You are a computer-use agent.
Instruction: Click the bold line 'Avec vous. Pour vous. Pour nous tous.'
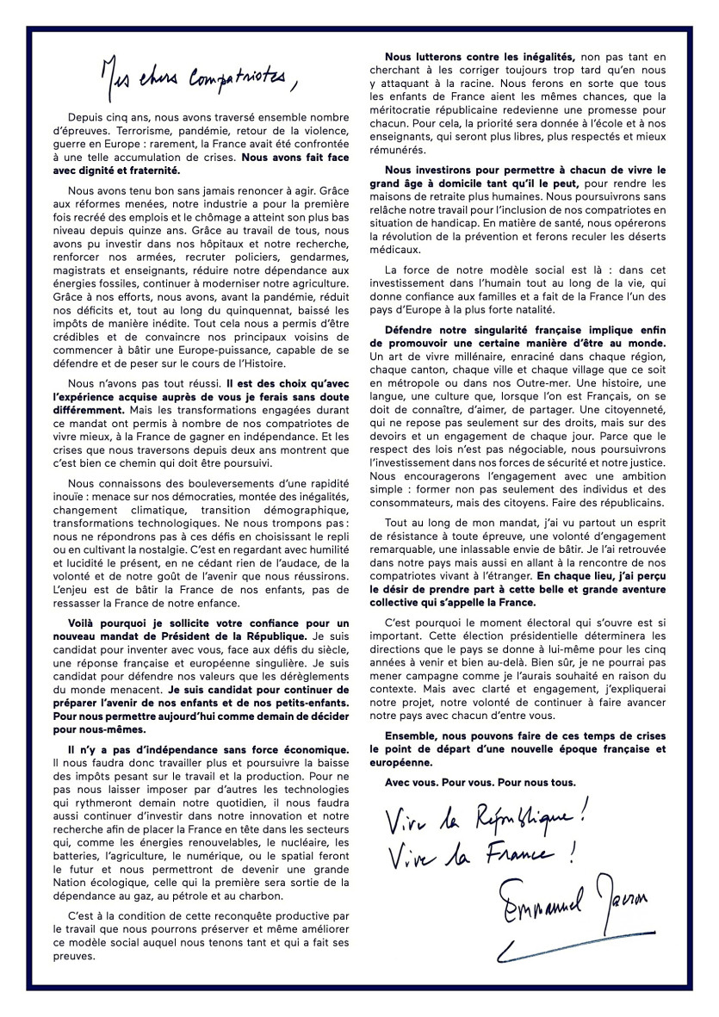coord(480,782)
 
